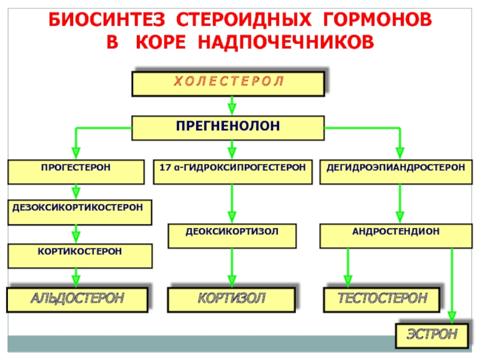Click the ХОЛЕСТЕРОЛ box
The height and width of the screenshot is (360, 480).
228,84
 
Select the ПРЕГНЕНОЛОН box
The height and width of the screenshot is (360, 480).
228,128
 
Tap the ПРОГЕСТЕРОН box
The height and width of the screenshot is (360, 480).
76,172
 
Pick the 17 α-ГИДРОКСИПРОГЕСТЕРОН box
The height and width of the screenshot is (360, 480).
233,172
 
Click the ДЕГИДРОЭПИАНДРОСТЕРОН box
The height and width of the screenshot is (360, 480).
396,172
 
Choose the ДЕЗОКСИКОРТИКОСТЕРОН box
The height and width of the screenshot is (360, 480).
80,212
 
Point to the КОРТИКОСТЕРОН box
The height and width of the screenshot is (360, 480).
80,256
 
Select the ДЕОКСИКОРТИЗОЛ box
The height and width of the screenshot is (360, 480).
232,236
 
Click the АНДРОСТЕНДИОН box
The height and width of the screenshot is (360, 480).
396,236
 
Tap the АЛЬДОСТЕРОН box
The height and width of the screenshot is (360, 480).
77,299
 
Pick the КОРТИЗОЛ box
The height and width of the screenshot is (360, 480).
232,299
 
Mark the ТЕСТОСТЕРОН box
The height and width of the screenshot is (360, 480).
382,299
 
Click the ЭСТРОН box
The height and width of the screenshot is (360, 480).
432,336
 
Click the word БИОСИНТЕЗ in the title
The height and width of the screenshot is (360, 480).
107,20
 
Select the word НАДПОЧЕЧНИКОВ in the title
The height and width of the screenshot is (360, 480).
286,41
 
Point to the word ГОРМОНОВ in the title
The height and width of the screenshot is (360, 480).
377,20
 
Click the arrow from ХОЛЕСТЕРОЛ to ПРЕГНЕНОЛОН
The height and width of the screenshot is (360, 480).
232,106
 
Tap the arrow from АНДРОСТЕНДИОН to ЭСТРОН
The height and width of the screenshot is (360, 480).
452,286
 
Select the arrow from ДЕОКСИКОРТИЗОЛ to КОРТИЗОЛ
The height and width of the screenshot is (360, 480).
232,268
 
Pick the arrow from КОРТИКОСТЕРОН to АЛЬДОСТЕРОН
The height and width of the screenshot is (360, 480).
76,278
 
